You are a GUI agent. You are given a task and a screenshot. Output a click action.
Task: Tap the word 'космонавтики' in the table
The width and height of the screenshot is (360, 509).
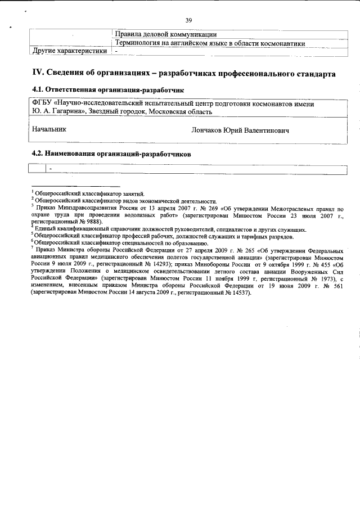coord(282,43)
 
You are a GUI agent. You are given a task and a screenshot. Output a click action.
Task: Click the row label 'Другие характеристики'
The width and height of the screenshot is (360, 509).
coord(69,51)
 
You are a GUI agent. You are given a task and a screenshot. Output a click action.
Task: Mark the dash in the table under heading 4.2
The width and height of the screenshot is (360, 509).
coord(50,168)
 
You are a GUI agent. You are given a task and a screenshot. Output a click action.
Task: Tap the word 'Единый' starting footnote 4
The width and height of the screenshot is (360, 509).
coord(46,229)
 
